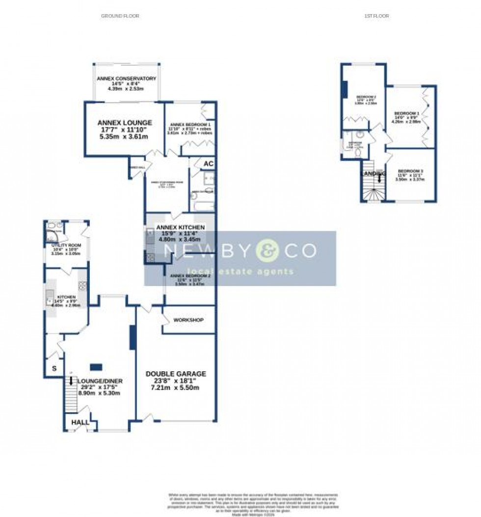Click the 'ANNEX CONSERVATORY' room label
(126, 78)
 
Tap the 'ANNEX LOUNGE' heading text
(124, 123)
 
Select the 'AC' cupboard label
(208, 163)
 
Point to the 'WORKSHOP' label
(188, 320)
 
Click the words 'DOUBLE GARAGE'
(176, 374)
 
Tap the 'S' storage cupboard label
(53, 369)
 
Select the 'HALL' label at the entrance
(80, 422)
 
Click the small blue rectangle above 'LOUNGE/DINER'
(96, 366)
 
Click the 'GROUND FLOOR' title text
(120, 16)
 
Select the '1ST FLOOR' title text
(376, 16)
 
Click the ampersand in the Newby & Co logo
(267, 251)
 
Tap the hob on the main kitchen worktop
(82, 286)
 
